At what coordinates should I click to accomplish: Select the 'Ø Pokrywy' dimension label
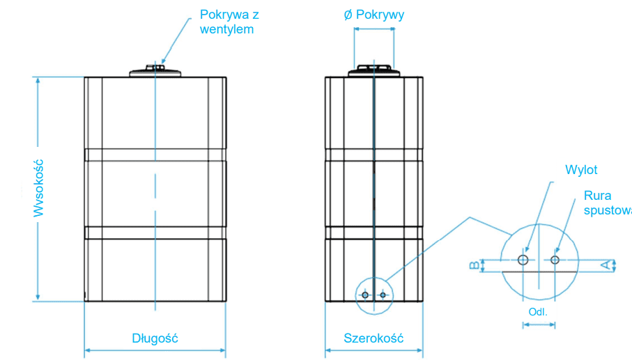[373, 15]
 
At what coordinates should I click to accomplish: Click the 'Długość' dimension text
[155, 338]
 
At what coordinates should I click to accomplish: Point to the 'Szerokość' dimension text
[373, 338]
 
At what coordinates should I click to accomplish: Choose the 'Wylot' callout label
[581, 170]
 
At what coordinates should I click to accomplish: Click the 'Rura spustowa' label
[606, 203]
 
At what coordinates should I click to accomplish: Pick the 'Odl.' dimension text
[538, 312]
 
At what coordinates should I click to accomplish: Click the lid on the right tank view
[374, 70]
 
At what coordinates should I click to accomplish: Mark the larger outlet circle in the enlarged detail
[523, 260]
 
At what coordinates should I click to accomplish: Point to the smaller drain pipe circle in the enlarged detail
[555, 260]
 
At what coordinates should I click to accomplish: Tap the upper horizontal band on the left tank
[155, 155]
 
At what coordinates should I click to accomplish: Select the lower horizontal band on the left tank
[155, 233]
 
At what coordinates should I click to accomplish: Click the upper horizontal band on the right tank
[374, 155]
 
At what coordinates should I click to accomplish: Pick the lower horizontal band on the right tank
[374, 233]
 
